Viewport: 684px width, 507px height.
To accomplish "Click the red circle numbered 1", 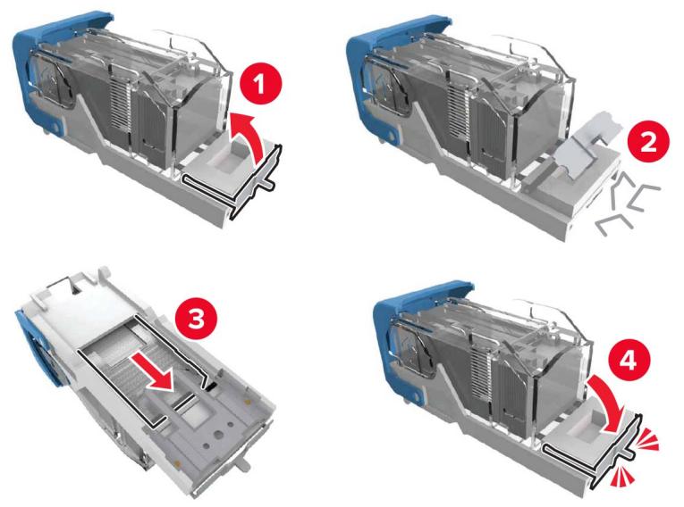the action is (261, 84).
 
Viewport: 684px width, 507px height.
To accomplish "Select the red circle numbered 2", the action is (648, 142).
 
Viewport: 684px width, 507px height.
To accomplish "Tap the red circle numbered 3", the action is (196, 320).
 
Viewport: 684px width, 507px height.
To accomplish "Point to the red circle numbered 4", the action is (629, 360).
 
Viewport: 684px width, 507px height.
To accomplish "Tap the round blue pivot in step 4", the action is (417, 396).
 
